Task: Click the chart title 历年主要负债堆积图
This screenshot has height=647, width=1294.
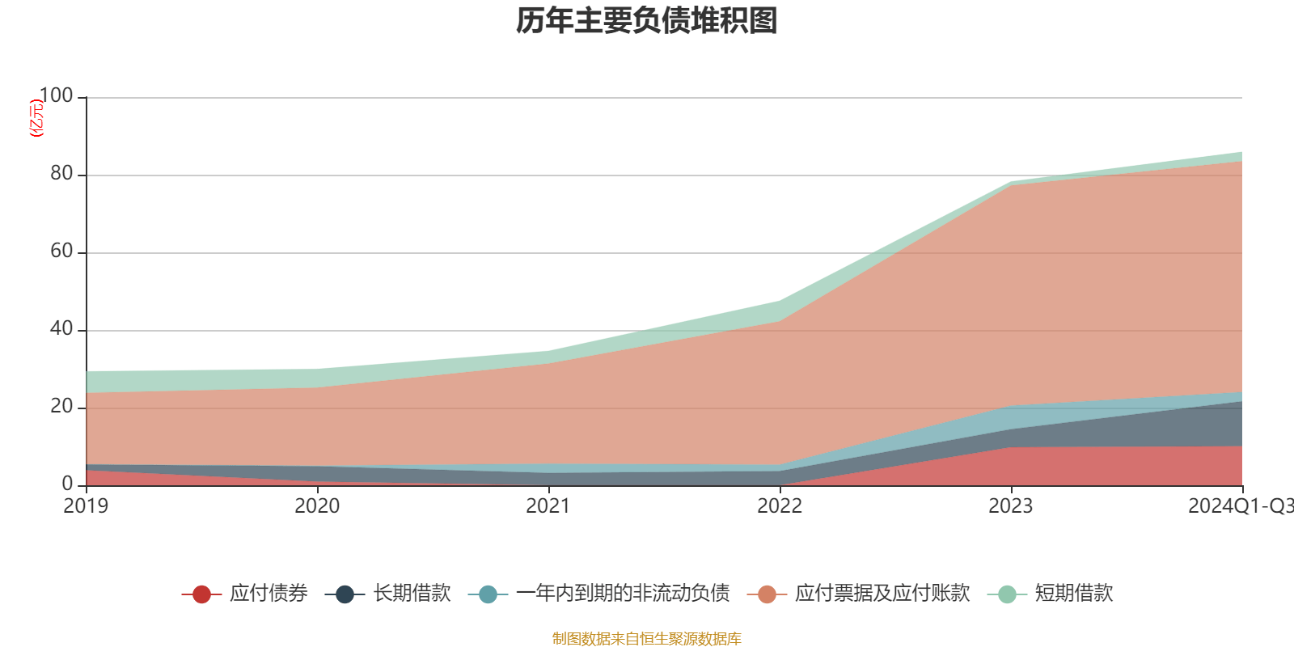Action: coord(647,21)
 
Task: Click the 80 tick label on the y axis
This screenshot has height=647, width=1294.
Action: coord(61,174)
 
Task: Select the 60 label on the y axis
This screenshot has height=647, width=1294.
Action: coord(61,252)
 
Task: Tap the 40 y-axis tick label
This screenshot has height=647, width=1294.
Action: coord(61,329)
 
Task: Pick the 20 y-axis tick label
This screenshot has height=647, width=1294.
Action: coord(61,407)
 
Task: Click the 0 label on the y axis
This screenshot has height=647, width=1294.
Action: coord(68,484)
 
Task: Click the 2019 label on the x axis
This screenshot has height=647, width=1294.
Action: coord(86,506)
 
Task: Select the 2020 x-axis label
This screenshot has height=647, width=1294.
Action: coord(317,506)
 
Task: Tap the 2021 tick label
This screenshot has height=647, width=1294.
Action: coord(548,506)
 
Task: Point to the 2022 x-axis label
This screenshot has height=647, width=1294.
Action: coord(780,506)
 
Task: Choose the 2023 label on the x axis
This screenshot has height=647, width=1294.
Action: coord(1011,506)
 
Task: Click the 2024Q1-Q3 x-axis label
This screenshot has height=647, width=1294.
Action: coord(1240,506)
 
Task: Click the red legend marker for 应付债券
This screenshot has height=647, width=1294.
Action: coord(201,594)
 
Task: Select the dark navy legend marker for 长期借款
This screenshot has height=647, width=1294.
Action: coord(345,594)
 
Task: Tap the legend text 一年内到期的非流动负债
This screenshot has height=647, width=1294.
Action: coord(623,594)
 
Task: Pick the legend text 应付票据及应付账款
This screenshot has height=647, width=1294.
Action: coord(882,594)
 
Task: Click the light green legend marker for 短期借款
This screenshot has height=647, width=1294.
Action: coord(1007,594)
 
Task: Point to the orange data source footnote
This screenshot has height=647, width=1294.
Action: coord(646,639)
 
